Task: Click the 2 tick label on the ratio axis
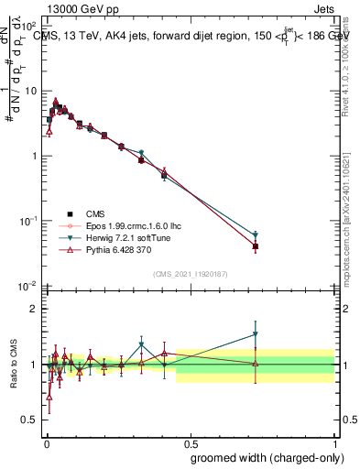coord(33,309)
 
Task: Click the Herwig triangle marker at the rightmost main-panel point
coord(256,235)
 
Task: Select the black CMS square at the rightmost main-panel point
coord(256,246)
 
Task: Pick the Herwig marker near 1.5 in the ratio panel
coord(256,334)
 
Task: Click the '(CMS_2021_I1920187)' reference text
coord(190,274)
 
